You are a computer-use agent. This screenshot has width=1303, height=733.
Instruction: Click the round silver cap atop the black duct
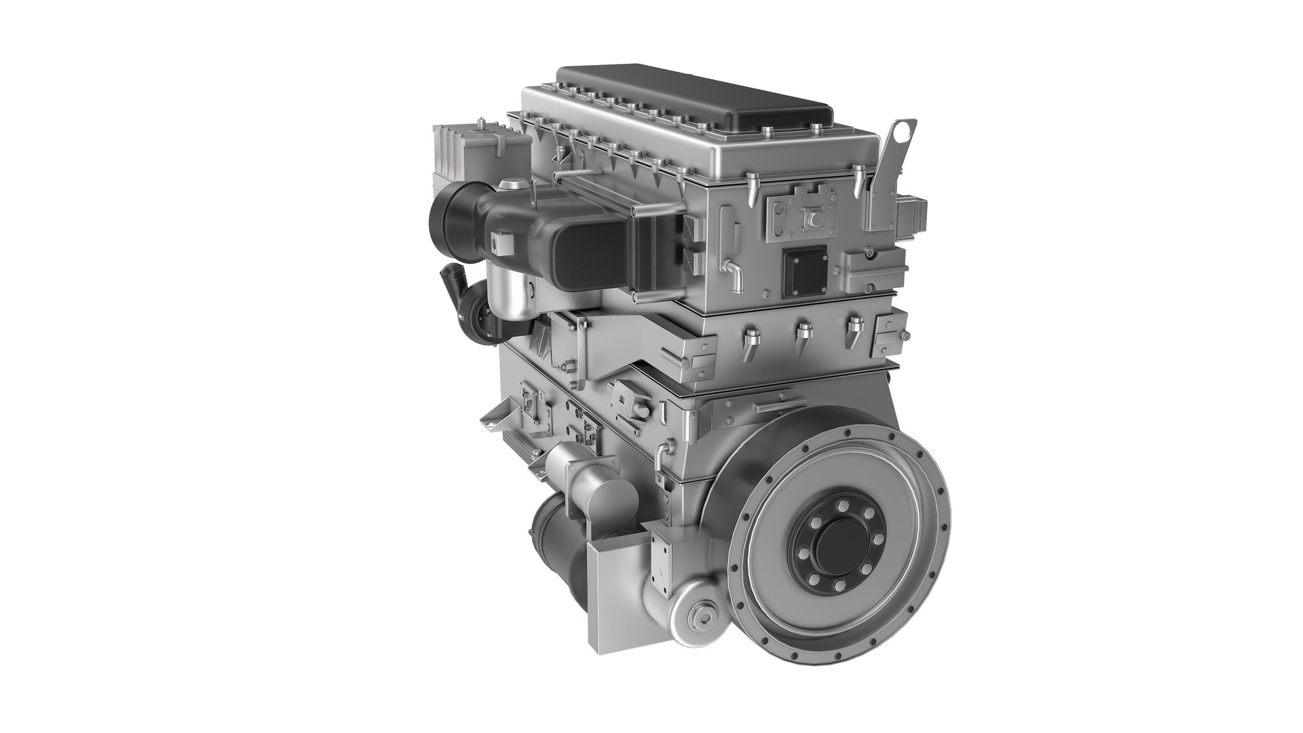click(511, 185)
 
